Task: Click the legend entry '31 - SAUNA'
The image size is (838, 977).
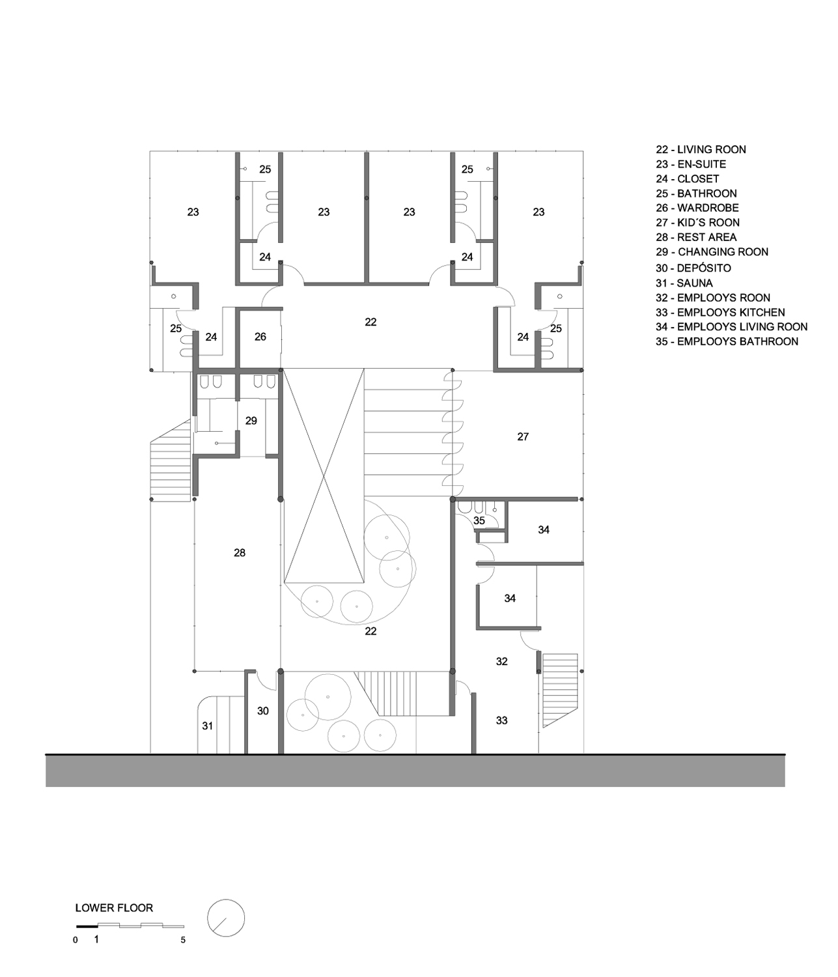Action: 684,283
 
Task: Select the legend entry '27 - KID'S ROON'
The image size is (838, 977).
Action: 697,223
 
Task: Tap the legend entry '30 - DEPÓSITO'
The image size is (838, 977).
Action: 693,268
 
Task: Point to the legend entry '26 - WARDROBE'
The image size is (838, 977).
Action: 697,208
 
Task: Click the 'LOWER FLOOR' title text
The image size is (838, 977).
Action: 115,908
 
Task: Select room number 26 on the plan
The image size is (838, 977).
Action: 260,337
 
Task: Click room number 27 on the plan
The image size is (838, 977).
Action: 523,437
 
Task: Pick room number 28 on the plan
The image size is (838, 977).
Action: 240,552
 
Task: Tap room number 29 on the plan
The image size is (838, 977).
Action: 251,421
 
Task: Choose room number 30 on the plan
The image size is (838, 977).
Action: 263,711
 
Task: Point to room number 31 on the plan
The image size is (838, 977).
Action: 208,726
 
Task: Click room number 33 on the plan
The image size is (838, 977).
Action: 501,720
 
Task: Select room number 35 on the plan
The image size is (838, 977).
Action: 479,520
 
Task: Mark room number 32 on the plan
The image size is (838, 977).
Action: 501,661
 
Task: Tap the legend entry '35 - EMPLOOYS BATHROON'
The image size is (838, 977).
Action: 727,342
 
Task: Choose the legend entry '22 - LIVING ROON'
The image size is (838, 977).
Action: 701,150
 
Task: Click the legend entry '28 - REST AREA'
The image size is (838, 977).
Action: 696,237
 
